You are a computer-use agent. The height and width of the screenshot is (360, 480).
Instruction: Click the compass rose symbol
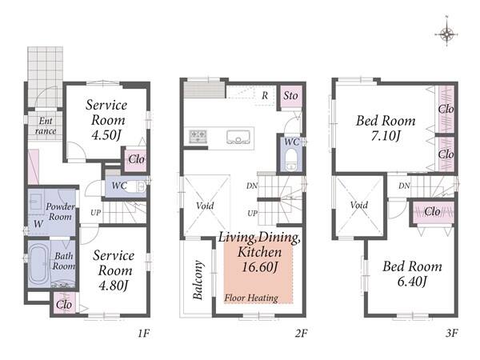446,34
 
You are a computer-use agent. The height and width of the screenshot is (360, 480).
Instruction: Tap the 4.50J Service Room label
106,120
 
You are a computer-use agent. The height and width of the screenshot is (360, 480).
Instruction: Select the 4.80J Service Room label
114,270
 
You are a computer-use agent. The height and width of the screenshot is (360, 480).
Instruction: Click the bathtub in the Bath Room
38,264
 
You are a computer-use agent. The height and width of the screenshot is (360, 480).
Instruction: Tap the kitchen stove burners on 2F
198,136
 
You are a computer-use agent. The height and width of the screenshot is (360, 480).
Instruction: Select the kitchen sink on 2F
238,137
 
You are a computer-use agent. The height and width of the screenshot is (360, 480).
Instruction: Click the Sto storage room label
290,96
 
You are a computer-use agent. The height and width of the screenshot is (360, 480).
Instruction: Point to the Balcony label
198,279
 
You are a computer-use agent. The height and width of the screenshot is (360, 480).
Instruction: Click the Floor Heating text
251,298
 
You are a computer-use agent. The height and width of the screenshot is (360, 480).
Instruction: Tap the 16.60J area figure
259,267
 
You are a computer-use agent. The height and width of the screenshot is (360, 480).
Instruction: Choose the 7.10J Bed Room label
386,128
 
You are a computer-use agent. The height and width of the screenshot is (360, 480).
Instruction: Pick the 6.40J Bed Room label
412,274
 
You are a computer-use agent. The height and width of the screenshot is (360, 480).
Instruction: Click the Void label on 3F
358,205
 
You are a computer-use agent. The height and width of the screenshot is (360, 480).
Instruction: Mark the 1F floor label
143,333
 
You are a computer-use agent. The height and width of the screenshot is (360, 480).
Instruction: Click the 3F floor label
451,333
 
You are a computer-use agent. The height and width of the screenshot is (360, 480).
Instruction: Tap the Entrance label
46,126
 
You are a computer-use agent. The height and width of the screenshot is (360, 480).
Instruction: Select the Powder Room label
60,211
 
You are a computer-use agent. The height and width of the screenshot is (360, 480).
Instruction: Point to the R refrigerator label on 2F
265,95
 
